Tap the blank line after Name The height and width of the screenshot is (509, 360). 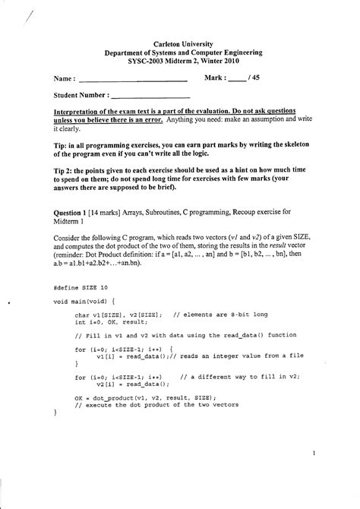click(x=133, y=80)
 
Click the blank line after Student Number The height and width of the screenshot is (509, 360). click(x=150, y=97)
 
